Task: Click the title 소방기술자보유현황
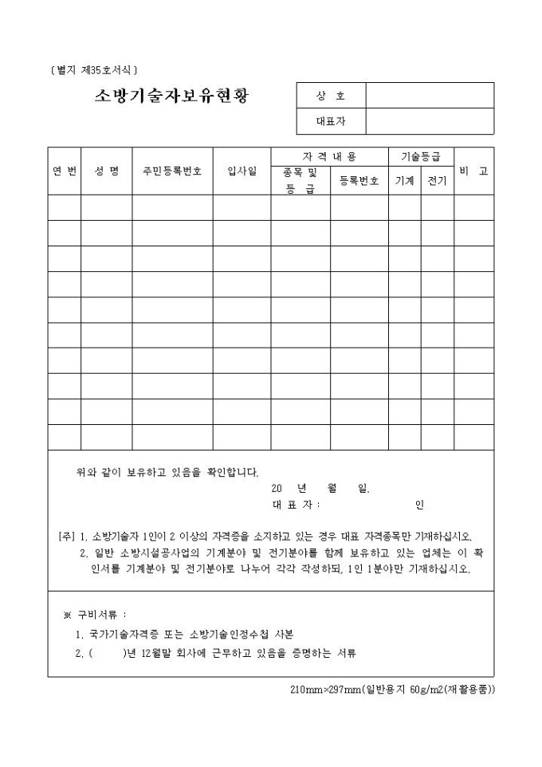tap(171, 96)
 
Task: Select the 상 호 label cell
tap(331, 95)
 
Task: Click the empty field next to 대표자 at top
tap(430, 121)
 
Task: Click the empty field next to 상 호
tap(430, 95)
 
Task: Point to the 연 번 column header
tap(64, 171)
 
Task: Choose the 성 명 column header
tap(106, 171)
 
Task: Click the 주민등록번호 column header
tap(172, 171)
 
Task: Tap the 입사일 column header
tap(242, 171)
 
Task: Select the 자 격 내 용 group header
tap(329, 156)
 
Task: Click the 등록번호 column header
tap(359, 181)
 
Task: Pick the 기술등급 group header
tap(421, 156)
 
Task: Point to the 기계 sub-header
tap(404, 181)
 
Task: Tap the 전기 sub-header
tap(437, 181)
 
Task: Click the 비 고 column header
tap(473, 171)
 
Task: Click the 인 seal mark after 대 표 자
tap(419, 505)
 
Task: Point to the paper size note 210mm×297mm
tap(392, 688)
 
